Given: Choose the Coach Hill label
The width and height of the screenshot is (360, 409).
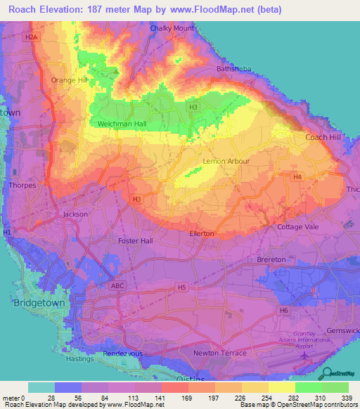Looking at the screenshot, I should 322,137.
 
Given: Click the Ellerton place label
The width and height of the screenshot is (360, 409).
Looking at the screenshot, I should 202,233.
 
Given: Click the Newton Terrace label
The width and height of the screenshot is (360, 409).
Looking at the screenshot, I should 220,352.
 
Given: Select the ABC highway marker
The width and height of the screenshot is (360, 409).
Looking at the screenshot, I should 118,286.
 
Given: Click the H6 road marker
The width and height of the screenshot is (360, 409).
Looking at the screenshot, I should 283,310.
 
